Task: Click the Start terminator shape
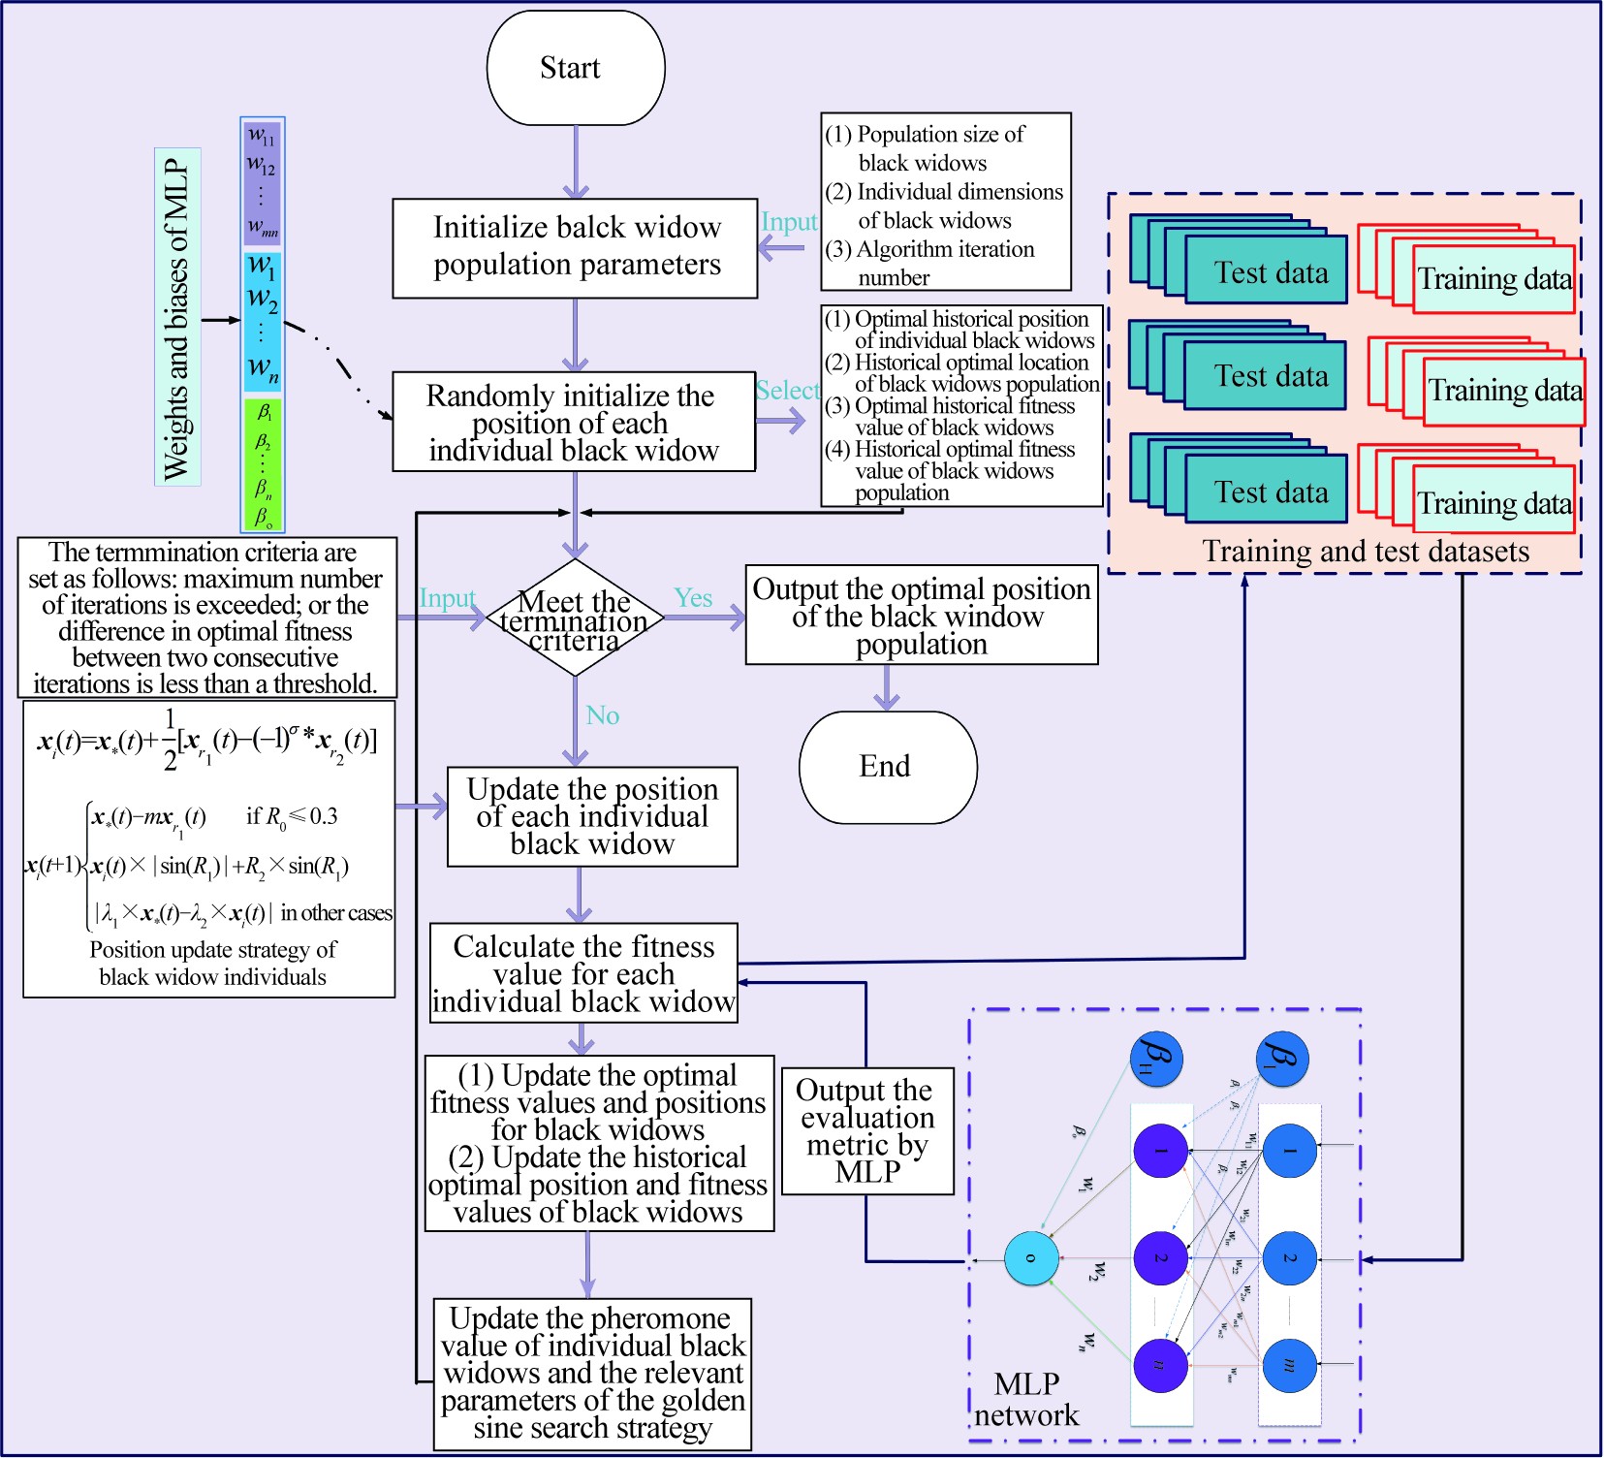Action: point(576,68)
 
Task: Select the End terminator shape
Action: point(888,768)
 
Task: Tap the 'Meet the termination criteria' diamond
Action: point(575,618)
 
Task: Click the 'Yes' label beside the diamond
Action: point(693,598)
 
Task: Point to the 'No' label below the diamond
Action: point(603,715)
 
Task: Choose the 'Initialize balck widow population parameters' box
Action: point(575,248)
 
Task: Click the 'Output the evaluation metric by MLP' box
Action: point(867,1131)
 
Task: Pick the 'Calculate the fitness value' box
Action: point(583,973)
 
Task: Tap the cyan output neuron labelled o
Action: point(1030,1258)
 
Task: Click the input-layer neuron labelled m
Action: point(1289,1365)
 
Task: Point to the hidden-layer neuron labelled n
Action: point(1160,1365)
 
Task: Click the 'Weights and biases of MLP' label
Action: point(177,318)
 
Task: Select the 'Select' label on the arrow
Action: point(787,391)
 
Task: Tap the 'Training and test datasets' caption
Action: point(1365,552)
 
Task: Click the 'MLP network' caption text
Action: point(1026,1400)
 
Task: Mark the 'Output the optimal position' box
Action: point(921,616)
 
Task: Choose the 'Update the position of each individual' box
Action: point(592,817)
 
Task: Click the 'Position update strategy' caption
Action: point(212,964)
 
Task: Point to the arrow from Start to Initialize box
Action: point(576,162)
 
